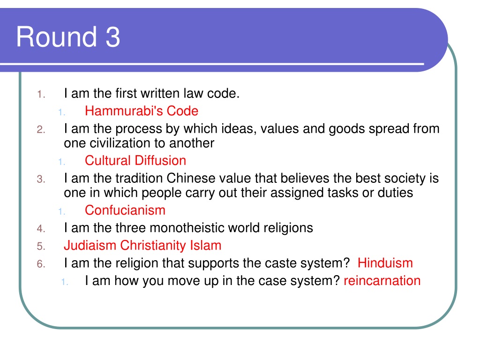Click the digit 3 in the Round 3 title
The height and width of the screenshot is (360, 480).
(112, 37)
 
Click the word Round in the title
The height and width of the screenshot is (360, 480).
(57, 37)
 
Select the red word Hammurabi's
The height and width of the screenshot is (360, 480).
(124, 111)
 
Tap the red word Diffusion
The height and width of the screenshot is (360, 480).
(160, 160)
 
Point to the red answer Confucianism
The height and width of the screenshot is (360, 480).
(125, 210)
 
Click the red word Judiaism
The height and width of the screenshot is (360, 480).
(90, 246)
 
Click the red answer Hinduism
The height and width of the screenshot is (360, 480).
(385, 263)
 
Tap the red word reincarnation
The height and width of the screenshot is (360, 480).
(382, 281)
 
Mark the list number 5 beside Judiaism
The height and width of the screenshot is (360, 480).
(41, 246)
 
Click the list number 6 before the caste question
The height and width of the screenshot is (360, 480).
(41, 264)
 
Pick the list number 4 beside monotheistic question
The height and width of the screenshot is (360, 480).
(41, 229)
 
